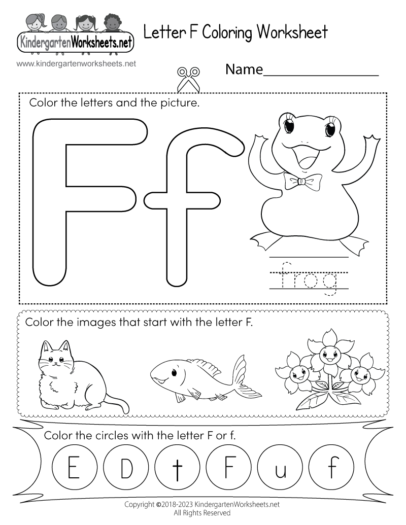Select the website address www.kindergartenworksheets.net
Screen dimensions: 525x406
point(76,64)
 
